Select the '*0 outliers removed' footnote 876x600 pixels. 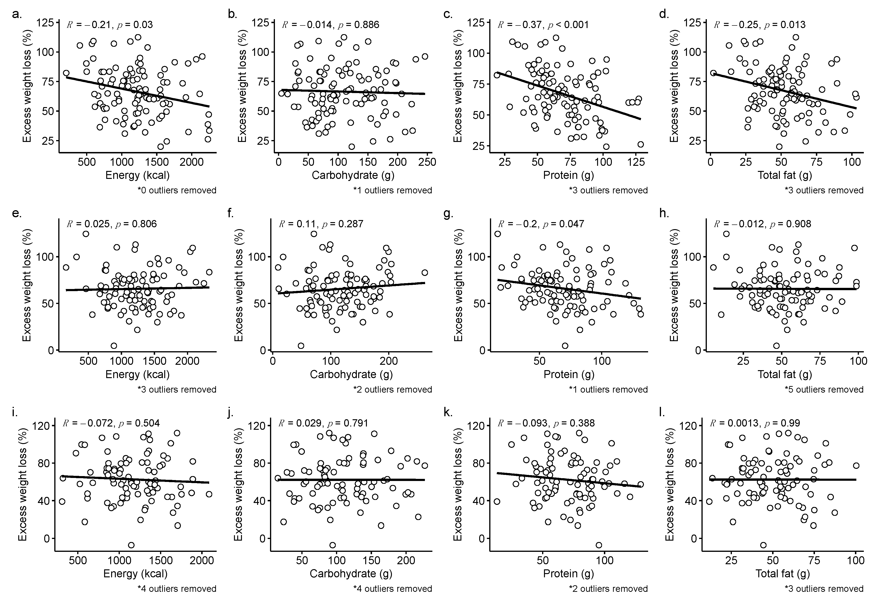177,190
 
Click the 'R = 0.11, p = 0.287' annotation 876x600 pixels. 321,224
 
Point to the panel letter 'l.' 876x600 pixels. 661,413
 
